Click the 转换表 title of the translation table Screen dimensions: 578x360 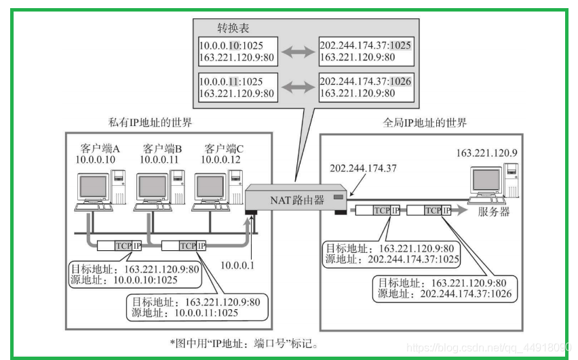pos(233,28)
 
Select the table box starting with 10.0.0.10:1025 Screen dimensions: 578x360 pos(238,52)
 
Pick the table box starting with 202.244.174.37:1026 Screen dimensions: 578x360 pos(366,87)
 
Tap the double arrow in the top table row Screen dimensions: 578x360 pos(298,52)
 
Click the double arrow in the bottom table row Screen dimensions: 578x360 pos(298,87)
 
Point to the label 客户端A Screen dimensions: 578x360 pos(100,148)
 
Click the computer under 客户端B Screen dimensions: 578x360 pos(159,190)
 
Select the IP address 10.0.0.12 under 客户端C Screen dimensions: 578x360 pos(220,159)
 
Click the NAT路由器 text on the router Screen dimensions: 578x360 pos(297,200)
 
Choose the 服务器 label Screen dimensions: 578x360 pos(494,212)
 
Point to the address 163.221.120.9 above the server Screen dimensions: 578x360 pos(487,153)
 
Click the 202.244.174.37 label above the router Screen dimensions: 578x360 pos(363,168)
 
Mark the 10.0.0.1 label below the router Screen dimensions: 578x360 pos(237,265)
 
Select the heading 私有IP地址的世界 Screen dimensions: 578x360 pos(150,122)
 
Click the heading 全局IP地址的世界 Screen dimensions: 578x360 pos(425,123)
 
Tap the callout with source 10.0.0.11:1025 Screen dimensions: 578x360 pos(197,307)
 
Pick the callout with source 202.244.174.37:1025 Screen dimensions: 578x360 pos(392,254)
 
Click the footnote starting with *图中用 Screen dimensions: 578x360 pos(244,344)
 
